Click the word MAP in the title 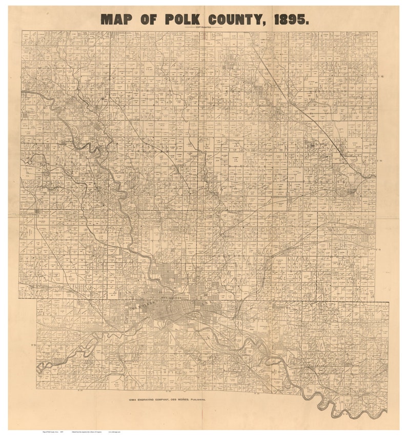click(x=120, y=19)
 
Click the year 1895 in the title click(x=291, y=19)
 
